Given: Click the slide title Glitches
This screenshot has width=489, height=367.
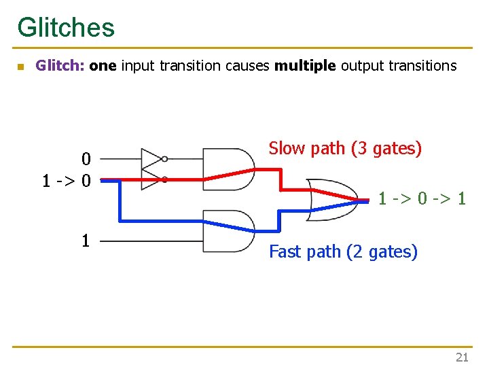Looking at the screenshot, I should (66, 27).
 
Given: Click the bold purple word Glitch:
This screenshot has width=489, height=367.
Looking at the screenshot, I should (60, 66).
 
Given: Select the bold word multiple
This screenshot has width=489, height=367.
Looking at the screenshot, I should (305, 66).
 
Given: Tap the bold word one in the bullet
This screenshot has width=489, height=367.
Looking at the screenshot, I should (103, 66).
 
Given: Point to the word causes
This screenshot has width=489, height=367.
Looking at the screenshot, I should (248, 66).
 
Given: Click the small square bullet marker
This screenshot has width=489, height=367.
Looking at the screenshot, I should (20, 67).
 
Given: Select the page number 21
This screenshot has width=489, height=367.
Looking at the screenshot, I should (462, 357).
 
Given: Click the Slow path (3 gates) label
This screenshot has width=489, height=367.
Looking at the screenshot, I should (345, 148).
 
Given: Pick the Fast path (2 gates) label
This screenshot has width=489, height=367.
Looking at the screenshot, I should (343, 251).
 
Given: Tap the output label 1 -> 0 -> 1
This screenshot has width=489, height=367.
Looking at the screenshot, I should (422, 199).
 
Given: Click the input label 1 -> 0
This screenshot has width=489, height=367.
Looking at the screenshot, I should (67, 181).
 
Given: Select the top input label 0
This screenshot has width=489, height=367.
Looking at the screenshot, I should (86, 160).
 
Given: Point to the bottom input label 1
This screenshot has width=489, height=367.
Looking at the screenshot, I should (86, 240).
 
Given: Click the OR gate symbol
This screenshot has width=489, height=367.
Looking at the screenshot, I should (329, 200).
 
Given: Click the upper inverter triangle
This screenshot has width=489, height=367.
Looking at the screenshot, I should (151, 159).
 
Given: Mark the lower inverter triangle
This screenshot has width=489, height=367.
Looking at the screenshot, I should (151, 179).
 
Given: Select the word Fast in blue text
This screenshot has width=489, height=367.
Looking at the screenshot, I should (285, 251).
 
